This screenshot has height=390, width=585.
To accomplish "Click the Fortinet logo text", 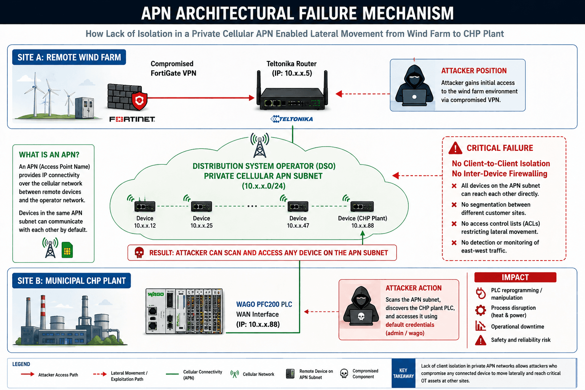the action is point(132,119).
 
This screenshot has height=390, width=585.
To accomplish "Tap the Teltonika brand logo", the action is point(292,119).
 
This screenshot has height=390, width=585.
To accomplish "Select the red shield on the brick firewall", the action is point(139,101).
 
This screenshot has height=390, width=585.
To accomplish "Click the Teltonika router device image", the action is point(292,91).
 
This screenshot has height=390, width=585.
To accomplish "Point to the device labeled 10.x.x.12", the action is point(145,206).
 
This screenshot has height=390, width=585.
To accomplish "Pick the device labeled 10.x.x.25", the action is point(201,206).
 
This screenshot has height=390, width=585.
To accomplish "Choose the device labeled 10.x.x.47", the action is point(298,206).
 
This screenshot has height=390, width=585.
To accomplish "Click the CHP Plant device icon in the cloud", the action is point(362,206).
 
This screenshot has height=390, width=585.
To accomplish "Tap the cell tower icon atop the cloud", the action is point(260,145).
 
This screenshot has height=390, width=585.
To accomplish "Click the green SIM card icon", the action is point(67,250).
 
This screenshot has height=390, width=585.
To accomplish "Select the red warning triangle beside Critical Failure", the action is point(455,148).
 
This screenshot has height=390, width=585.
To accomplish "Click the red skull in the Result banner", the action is point(139,253).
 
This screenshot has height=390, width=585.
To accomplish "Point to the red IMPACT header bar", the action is point(515,277).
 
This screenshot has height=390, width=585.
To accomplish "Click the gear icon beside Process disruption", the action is point(481,310).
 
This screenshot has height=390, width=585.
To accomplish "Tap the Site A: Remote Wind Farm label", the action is point(69,57).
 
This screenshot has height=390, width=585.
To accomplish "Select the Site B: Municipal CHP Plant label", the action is point(72,281).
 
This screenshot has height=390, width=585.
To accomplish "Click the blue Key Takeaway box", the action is point(403,373).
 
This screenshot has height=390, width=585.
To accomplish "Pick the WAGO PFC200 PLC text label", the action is point(264,304).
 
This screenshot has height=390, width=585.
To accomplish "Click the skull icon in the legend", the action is point(344,374).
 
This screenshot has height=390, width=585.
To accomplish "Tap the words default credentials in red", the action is point(410,325).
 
